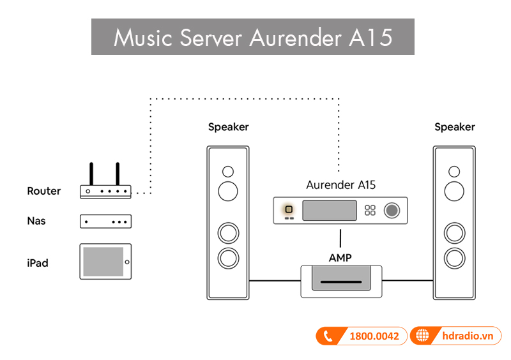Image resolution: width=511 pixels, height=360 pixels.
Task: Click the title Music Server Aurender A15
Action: tap(252, 37)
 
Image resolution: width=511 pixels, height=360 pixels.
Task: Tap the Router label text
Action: tap(44, 191)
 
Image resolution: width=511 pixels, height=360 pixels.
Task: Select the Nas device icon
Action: tap(105, 221)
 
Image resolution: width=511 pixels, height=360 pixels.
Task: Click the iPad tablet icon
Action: tap(105, 261)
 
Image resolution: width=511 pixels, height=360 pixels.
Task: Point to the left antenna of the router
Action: tap(91, 173)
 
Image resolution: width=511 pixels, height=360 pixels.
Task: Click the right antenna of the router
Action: tap(118, 173)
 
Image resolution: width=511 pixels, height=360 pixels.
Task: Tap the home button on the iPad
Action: tap(127, 262)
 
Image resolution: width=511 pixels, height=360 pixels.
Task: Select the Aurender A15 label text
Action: tap(340, 185)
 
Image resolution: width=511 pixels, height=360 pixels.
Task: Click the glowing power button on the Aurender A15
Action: tap(289, 209)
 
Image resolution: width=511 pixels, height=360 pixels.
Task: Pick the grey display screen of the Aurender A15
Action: tap(330, 211)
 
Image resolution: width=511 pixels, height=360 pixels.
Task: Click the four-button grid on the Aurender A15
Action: tap(370, 211)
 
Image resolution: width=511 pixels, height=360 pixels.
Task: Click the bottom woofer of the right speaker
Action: tap(454, 258)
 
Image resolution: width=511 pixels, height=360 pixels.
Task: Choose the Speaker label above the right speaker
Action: tap(454, 127)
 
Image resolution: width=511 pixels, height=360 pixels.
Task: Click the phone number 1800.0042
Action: tap(374, 336)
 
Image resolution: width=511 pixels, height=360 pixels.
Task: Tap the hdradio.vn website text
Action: tap(467, 336)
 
